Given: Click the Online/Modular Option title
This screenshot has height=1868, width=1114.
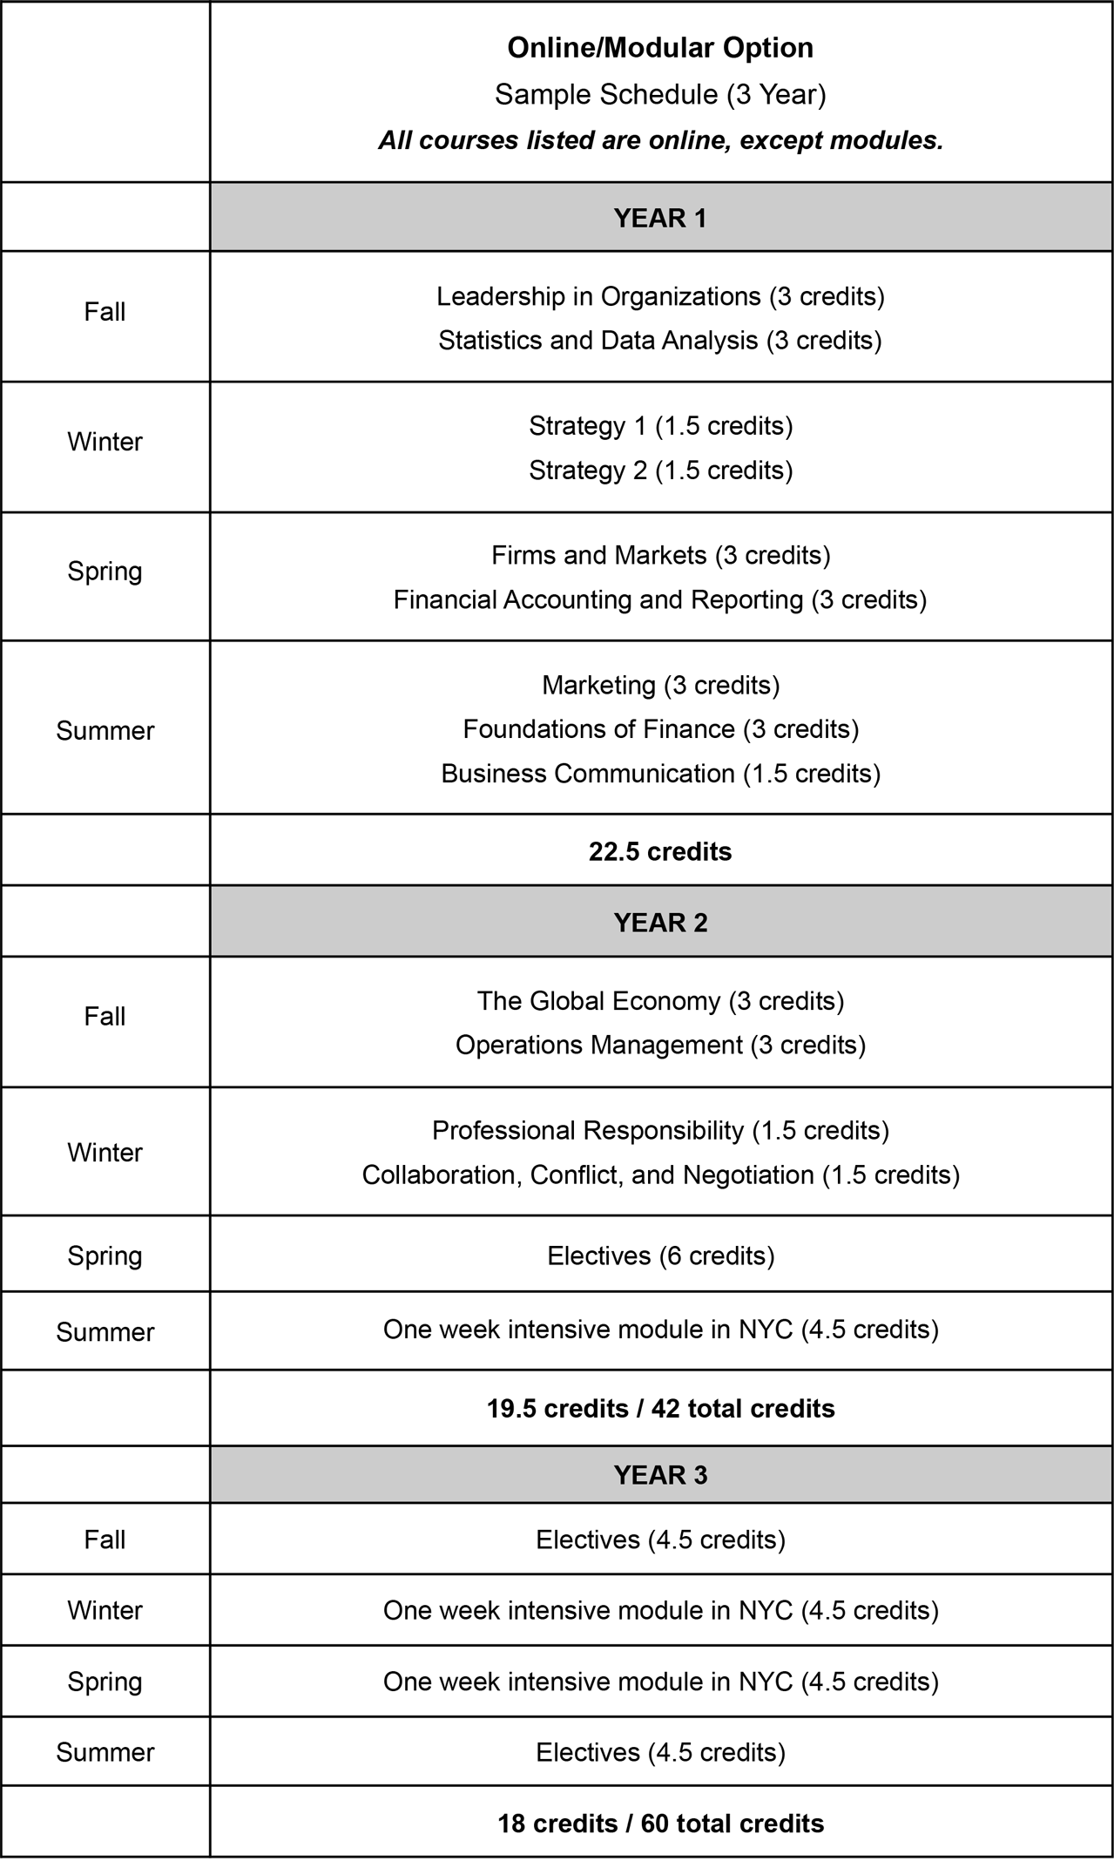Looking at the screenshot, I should tap(660, 48).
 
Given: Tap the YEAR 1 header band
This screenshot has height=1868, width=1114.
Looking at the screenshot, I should tap(660, 218).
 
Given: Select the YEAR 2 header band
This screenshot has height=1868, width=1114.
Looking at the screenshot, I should tap(660, 923).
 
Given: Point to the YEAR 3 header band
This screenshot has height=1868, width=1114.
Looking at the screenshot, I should tap(660, 1475).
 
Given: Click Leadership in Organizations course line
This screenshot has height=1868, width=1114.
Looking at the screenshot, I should tap(660, 297).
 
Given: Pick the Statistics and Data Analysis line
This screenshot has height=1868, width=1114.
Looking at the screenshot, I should tap(660, 341).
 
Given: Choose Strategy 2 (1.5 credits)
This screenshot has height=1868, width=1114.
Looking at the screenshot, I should tap(660, 470).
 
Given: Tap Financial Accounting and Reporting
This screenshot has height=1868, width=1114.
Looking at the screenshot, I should tap(660, 600).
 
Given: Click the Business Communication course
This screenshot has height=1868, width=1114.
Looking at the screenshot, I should tap(660, 774).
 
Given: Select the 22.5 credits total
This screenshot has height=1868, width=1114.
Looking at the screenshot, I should tap(660, 851).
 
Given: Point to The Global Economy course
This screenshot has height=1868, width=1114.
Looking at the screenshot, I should tap(660, 1001).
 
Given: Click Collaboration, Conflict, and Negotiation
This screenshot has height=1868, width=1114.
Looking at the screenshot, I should tap(660, 1175).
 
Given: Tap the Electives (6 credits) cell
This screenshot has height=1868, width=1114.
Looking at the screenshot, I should tap(660, 1255).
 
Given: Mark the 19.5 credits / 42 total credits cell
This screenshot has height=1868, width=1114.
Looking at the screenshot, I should tap(660, 1409).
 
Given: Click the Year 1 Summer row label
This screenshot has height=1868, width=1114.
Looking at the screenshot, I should tap(105, 730).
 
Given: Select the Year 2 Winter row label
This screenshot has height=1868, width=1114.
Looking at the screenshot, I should tap(105, 1153).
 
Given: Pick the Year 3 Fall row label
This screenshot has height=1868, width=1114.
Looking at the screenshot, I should tap(105, 1540).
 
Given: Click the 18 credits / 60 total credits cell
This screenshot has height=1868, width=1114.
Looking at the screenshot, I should tap(660, 1824).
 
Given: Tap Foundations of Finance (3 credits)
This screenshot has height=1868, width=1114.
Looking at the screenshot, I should tap(660, 729).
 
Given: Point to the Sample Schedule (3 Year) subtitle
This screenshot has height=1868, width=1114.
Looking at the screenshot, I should tap(660, 94).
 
